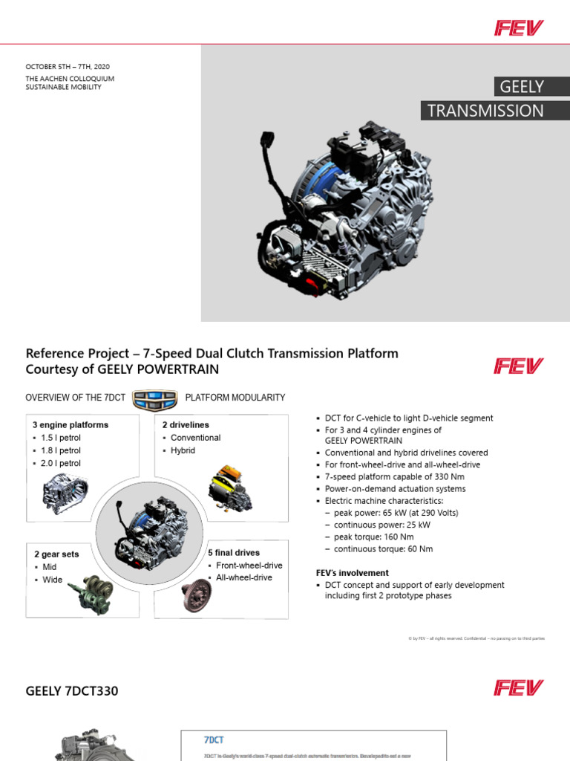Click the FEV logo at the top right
[x=519, y=28]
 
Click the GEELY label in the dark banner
[x=521, y=87]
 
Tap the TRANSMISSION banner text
[x=485, y=111]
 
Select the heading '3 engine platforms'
[x=70, y=425]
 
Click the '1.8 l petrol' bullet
[x=60, y=450]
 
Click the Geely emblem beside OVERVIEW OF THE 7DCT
[x=154, y=398]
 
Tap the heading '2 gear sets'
[x=56, y=554]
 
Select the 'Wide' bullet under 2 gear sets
[x=52, y=580]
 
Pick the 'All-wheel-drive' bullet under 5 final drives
[x=243, y=577]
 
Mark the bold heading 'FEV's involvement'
[x=352, y=573]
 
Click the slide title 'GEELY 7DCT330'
[x=72, y=691]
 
